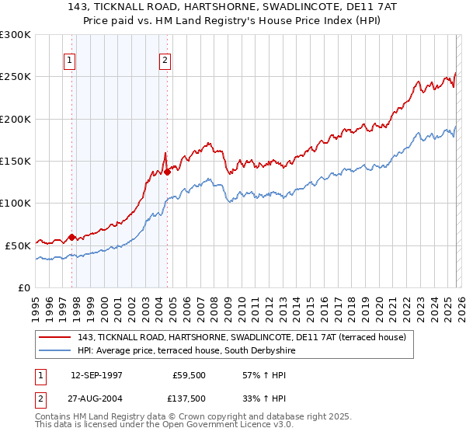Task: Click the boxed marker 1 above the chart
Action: [70, 60]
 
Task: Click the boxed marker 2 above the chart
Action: [166, 60]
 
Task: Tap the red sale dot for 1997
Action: [72, 237]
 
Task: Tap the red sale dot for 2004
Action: [167, 172]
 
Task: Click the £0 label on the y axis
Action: [23, 287]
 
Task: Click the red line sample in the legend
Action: [56, 338]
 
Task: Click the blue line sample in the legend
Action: [56, 351]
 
